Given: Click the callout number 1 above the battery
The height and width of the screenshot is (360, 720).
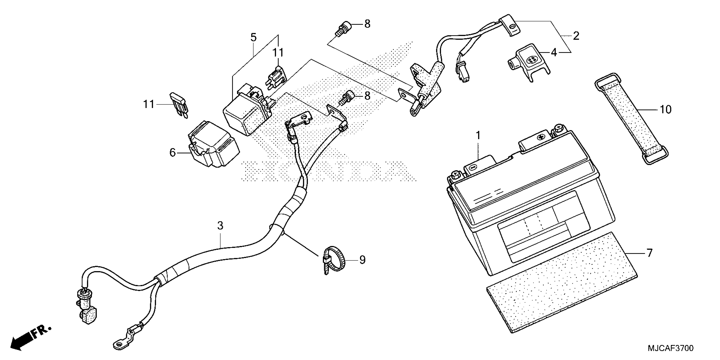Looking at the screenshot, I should click(x=478, y=136).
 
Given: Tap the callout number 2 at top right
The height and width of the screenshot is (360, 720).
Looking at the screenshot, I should click(x=576, y=36).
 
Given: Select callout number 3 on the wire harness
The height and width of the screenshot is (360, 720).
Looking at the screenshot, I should click(x=220, y=226).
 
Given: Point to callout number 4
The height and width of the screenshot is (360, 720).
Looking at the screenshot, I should click(x=554, y=52).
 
